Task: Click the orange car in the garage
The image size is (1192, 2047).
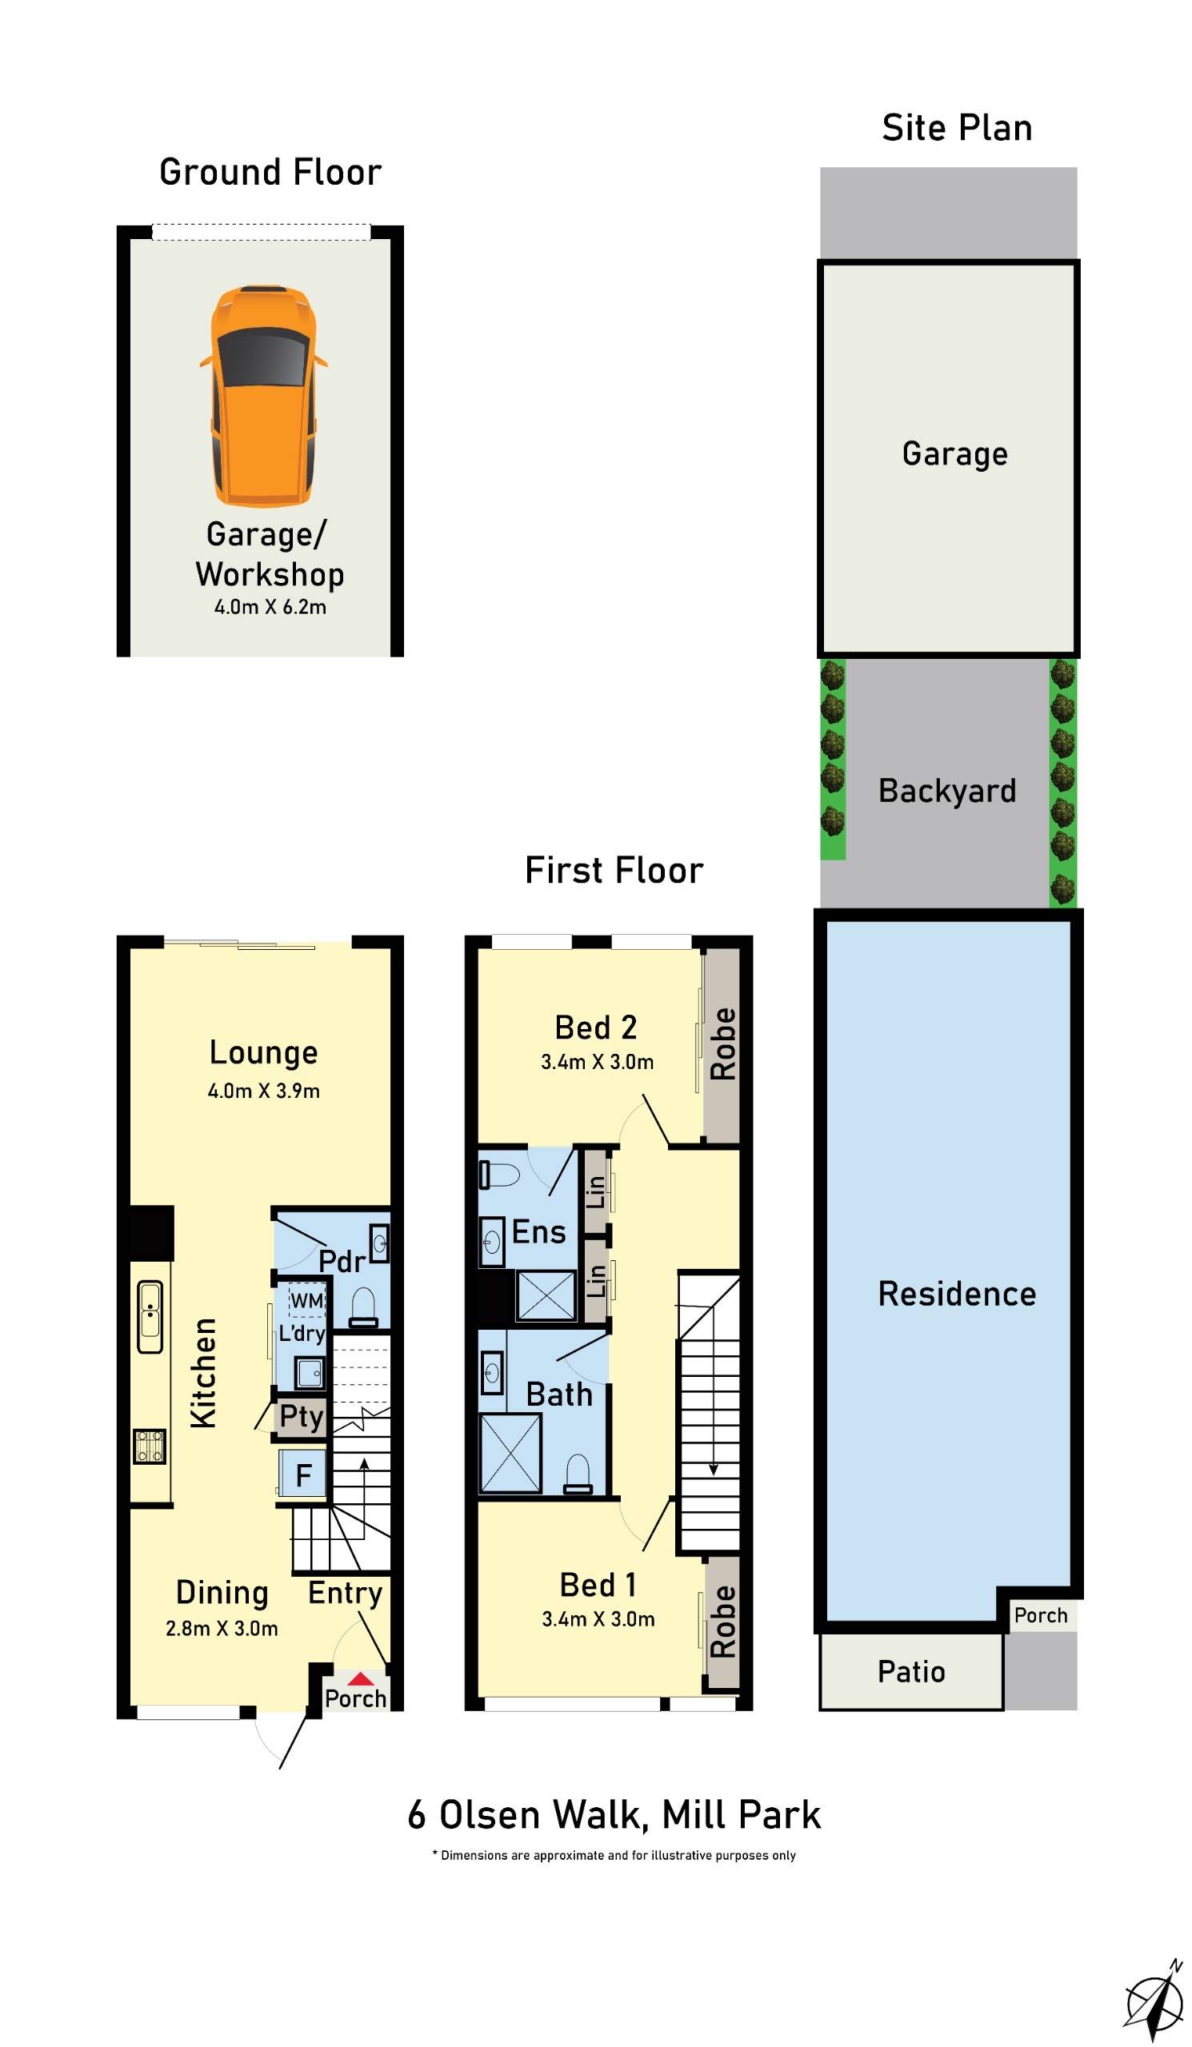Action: tap(262, 395)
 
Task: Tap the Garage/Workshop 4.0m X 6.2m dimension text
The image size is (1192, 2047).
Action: tap(270, 607)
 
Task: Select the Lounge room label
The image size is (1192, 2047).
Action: tap(263, 1053)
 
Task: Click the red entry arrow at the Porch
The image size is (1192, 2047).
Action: tap(360, 1679)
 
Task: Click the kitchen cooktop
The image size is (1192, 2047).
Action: tap(150, 1446)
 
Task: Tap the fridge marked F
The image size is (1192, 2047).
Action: tap(303, 1474)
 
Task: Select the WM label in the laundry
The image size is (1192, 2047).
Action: tap(307, 1300)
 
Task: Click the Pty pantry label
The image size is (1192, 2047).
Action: tap(302, 1417)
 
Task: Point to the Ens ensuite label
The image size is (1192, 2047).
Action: tap(538, 1232)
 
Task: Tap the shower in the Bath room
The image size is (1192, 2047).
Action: tap(510, 1453)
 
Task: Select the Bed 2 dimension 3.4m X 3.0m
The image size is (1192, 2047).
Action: tap(598, 1062)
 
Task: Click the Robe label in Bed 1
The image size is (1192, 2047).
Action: tap(722, 1621)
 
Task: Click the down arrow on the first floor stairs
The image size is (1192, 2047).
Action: tap(713, 1469)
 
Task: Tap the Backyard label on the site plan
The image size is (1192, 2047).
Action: tap(946, 790)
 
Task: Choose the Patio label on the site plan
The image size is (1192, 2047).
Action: tap(911, 1672)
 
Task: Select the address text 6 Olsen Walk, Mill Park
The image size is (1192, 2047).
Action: tap(614, 1815)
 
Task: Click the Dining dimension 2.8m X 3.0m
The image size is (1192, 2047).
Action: tap(222, 1629)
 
